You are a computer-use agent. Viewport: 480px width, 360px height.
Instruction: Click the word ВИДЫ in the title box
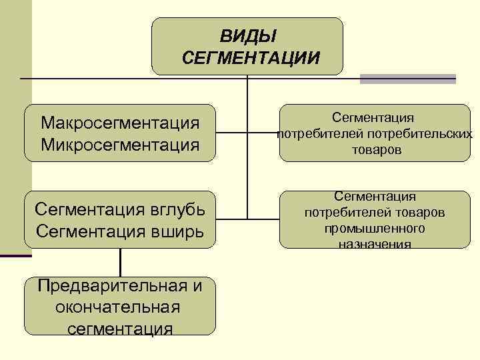click(248, 35)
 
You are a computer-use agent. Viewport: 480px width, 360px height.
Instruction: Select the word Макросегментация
click(120, 123)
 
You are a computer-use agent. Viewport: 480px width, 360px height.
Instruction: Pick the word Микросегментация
click(120, 143)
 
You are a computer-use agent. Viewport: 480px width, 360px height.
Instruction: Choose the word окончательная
click(119, 307)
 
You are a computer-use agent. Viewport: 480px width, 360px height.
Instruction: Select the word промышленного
click(375, 229)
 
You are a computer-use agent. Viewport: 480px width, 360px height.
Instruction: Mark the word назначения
click(375, 244)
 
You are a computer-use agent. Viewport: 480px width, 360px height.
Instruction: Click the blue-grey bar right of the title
click(408, 79)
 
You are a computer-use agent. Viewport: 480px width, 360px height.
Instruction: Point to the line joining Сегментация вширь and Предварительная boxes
click(120, 262)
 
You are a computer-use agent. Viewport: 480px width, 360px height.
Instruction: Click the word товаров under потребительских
click(377, 151)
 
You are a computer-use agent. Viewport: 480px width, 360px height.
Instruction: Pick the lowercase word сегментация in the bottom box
click(120, 328)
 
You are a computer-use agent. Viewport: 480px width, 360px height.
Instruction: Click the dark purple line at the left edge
click(15, 256)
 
